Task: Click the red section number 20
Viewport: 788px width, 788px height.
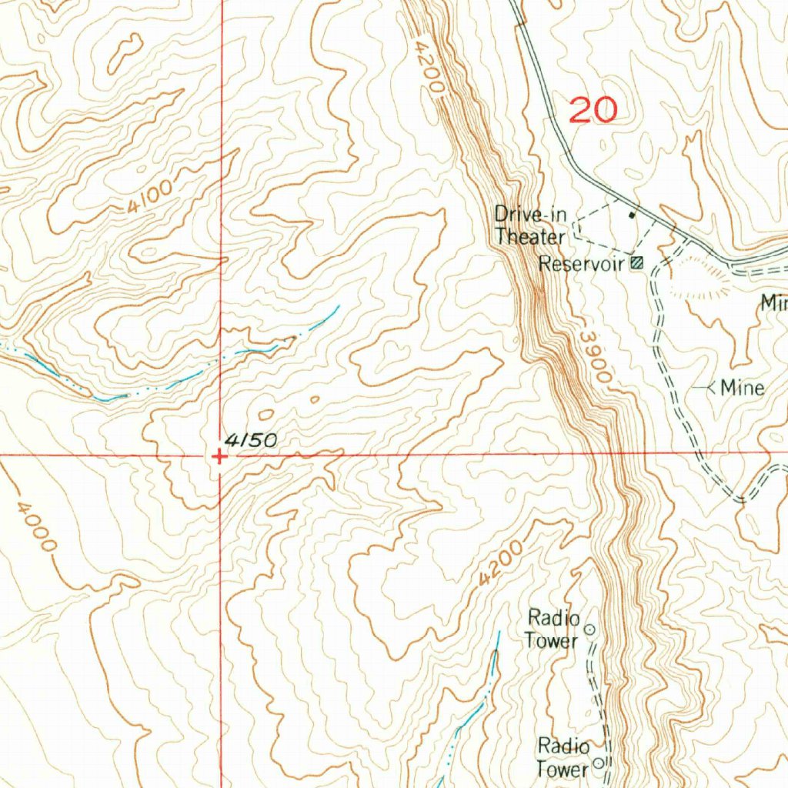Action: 593,110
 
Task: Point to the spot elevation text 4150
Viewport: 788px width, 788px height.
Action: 251,441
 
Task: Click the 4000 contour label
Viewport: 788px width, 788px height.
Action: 36,527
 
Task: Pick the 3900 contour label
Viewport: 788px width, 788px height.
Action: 596,358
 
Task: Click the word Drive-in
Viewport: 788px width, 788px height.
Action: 529,214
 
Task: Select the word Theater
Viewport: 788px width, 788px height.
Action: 529,236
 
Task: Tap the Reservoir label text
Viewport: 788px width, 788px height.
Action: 580,264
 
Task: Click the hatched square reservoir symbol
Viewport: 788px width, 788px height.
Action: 636,263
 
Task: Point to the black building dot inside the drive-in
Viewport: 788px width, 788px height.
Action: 633,215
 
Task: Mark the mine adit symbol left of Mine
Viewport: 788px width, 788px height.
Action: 705,388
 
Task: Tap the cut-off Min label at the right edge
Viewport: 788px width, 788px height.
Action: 773,303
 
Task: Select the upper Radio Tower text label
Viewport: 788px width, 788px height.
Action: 552,629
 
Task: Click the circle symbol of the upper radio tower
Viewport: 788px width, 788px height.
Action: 590,629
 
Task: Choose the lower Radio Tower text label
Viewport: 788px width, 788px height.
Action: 563,757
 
